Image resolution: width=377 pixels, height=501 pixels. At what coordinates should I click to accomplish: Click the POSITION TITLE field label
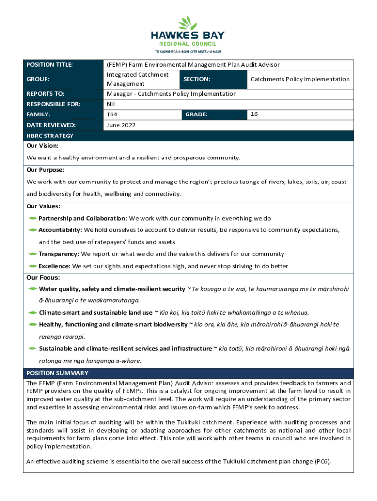(x=49, y=65)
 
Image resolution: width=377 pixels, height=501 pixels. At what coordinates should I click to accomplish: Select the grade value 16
(x=254, y=114)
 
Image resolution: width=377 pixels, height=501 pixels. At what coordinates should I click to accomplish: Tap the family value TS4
(x=112, y=114)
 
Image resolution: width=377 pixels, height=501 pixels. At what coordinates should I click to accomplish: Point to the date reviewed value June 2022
(x=121, y=125)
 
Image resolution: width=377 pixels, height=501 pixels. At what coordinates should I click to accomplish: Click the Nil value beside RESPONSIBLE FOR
(x=111, y=104)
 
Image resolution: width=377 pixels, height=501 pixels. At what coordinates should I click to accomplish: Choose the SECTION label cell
(x=197, y=79)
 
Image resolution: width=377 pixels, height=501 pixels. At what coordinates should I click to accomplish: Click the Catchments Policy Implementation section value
(x=300, y=79)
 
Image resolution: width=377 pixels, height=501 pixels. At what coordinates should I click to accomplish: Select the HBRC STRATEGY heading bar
(x=50, y=136)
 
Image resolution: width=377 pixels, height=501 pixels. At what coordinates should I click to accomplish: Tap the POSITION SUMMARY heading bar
(x=57, y=373)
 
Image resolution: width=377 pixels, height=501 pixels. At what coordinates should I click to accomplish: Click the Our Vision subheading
(x=43, y=146)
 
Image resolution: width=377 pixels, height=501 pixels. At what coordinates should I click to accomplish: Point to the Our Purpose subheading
(x=46, y=170)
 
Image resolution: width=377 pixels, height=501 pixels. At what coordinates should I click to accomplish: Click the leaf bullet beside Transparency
(x=32, y=254)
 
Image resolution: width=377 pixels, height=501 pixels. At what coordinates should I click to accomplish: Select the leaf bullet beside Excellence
(x=32, y=266)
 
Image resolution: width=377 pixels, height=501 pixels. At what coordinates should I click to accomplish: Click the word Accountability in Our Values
(x=60, y=230)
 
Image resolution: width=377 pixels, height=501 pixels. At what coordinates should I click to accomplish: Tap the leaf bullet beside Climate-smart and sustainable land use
(x=32, y=312)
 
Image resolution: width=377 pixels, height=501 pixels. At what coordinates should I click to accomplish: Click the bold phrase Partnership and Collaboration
(x=83, y=218)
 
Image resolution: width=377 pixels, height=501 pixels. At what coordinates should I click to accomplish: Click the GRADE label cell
(x=196, y=114)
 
